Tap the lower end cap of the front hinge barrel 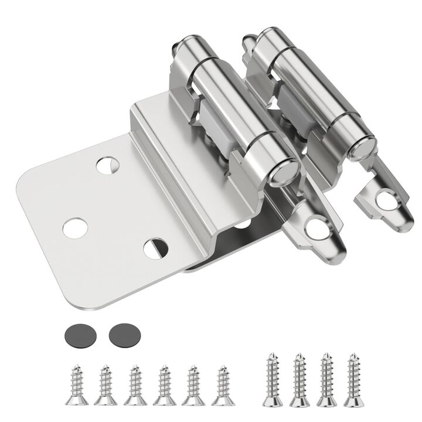pos(285,169)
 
